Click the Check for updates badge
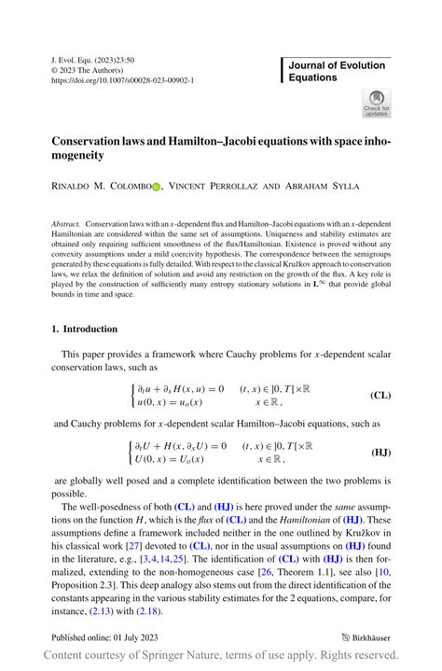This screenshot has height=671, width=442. click(376, 104)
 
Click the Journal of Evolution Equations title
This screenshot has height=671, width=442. click(337, 71)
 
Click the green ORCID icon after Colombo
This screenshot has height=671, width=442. click(156, 187)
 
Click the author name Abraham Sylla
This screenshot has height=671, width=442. click(321, 187)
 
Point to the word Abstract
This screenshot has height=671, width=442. click(64, 225)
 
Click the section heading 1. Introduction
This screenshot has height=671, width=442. click(85, 329)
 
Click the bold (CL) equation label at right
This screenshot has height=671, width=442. click(380, 396)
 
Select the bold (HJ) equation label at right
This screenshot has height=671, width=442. click(380, 452)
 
